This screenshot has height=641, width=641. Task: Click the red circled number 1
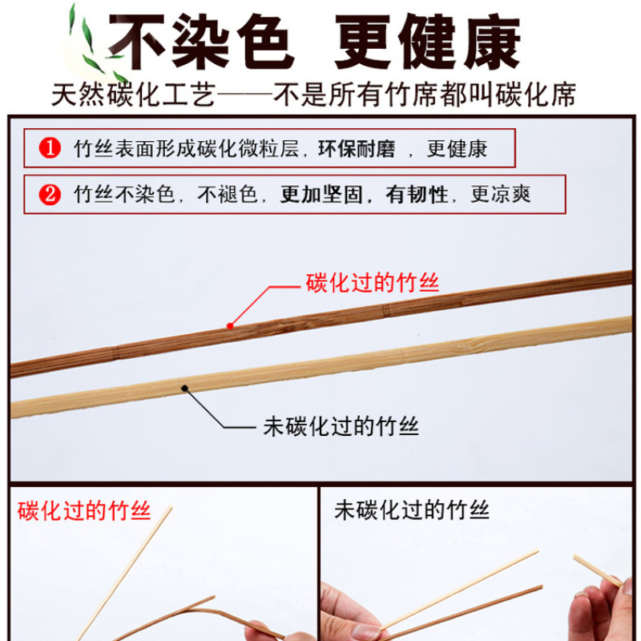click(50, 148)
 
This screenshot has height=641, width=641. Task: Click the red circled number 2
click(50, 195)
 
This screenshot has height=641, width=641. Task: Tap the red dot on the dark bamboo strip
click(230, 326)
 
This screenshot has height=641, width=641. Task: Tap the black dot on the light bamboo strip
click(185, 389)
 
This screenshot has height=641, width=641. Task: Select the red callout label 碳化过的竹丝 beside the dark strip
click(373, 283)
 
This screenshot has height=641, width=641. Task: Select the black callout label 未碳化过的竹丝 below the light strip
click(341, 427)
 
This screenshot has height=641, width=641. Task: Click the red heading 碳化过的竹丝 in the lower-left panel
click(84, 511)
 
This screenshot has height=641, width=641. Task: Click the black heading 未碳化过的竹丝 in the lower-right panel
click(412, 510)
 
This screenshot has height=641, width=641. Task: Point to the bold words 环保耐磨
click(357, 149)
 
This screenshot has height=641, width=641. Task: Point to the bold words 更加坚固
click(321, 195)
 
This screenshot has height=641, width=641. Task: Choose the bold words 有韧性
click(417, 195)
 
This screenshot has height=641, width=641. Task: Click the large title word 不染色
click(202, 42)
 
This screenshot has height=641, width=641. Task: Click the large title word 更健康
click(428, 42)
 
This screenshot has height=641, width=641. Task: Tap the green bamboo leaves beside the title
click(95, 45)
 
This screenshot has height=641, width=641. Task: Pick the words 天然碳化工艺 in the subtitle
click(134, 95)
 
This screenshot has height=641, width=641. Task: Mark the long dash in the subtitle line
click(244, 95)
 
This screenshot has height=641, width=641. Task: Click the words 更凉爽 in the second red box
click(501, 195)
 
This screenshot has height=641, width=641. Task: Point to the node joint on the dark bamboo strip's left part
click(115, 353)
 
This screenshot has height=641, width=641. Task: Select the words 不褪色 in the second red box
click(228, 195)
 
